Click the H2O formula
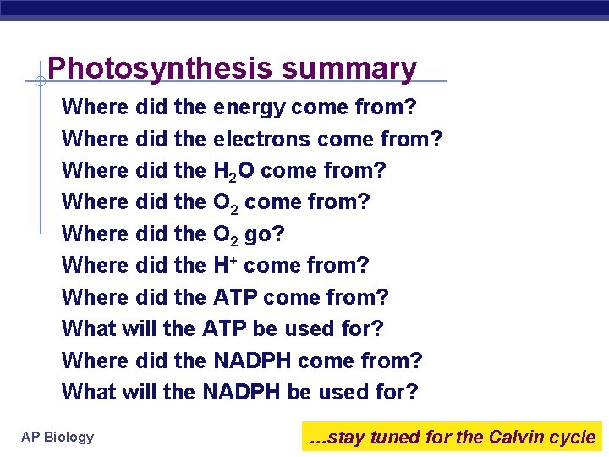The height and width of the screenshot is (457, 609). tap(233, 171)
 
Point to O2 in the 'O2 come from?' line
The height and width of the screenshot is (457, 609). tap(227, 203)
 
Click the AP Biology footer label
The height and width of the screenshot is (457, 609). tap(58, 437)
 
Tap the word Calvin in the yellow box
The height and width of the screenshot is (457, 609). tap(517, 437)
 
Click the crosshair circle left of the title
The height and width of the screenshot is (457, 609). tap(40, 81)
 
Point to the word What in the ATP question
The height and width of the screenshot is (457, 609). tap(89, 328)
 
